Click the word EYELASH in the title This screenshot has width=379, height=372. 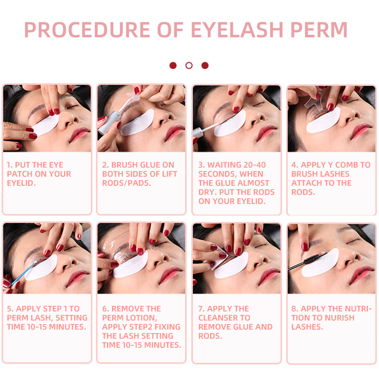click(237, 30)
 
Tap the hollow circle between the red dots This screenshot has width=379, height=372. click(189, 66)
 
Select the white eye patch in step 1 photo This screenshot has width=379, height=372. click(45, 125)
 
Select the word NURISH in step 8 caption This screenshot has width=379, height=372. click(339, 317)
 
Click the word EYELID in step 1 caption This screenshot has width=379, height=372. click(21, 183)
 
